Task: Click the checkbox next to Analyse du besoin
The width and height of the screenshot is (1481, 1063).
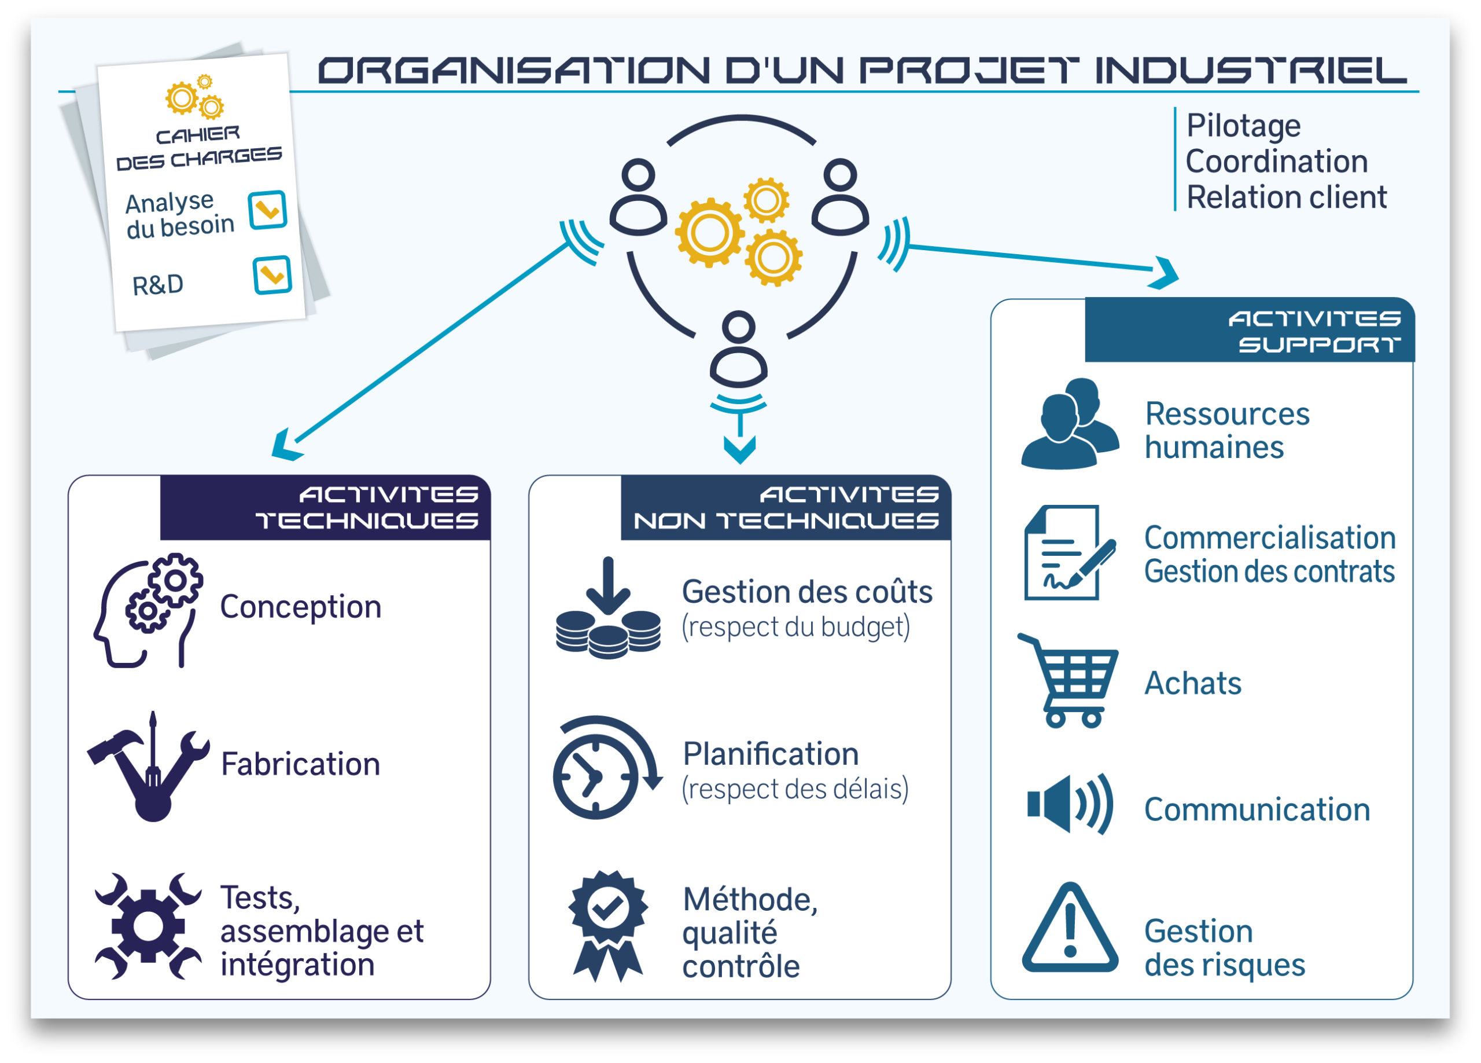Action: coord(267,210)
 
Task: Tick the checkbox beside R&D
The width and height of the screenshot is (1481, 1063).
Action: coord(272,274)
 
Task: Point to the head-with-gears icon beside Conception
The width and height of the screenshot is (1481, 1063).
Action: coord(148,610)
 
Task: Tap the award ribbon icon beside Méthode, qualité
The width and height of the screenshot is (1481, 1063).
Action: coord(608,925)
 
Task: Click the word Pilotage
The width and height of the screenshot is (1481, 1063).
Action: coord(1243,126)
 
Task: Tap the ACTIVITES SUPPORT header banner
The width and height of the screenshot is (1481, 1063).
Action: coord(1248,331)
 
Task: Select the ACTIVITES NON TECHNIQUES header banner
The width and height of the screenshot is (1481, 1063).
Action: coord(785,508)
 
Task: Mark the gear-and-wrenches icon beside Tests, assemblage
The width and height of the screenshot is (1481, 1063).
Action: coord(148,926)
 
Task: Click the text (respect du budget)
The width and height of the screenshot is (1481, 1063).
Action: coord(795,626)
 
